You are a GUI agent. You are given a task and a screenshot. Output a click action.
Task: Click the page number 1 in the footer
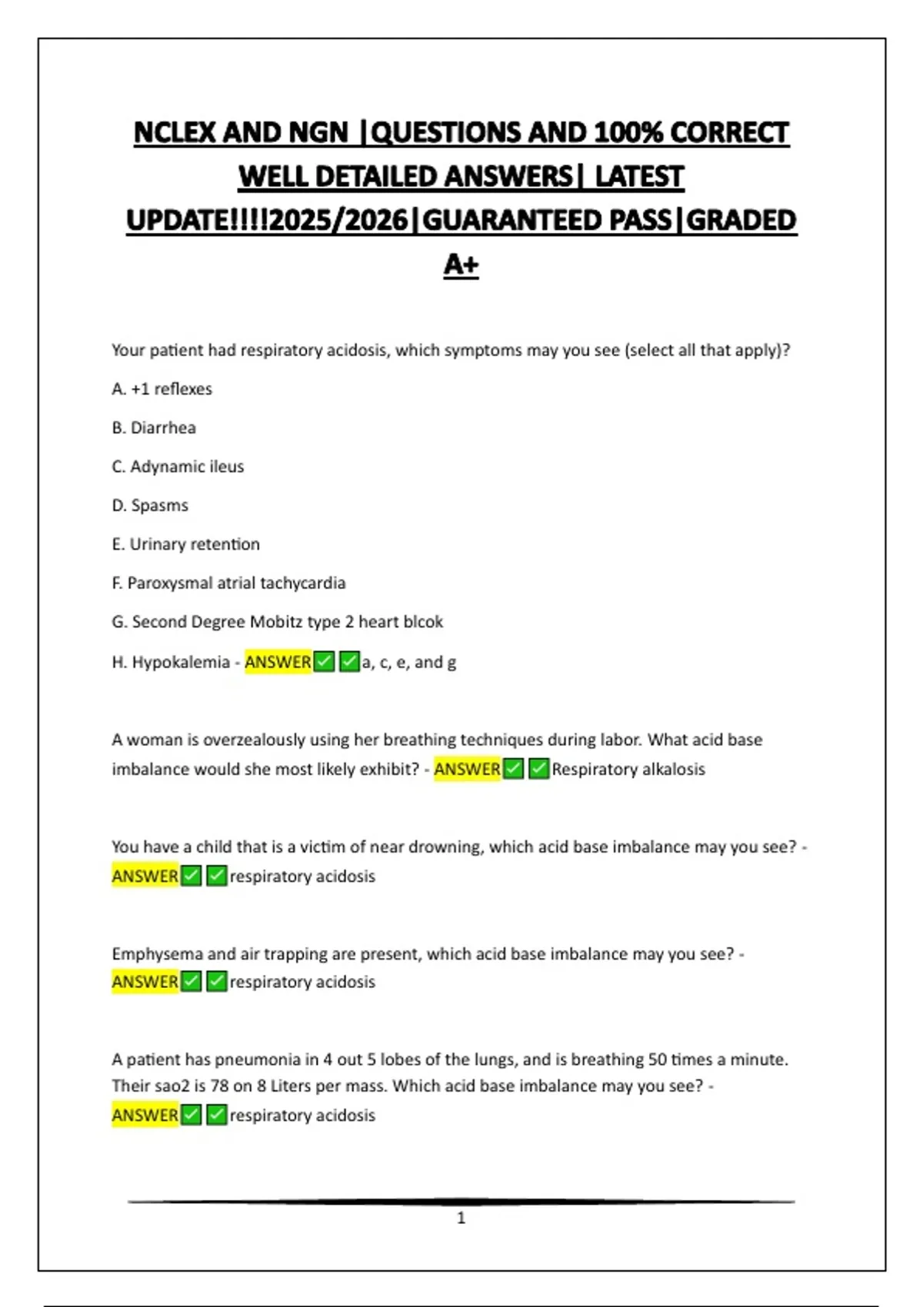[461, 1218]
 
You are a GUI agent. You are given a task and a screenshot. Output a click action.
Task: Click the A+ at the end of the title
[461, 264]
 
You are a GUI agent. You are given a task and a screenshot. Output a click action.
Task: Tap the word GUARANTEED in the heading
[546, 221]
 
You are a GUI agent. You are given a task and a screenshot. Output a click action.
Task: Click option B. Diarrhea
[154, 427]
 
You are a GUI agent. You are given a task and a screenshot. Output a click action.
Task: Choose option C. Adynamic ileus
[178, 467]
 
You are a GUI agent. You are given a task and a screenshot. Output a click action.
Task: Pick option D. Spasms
[150, 506]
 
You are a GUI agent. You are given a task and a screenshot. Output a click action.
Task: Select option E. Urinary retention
[185, 544]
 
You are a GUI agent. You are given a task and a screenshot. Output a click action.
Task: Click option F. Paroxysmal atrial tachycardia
[228, 584]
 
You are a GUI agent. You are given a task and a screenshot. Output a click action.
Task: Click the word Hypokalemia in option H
[181, 662]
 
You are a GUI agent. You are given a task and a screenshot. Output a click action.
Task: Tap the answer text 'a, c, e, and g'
[409, 662]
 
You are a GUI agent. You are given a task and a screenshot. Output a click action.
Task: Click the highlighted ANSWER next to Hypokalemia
[278, 662]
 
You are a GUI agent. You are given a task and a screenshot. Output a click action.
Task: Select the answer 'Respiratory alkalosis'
[628, 770]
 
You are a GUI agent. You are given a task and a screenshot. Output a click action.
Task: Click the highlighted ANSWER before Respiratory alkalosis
[467, 770]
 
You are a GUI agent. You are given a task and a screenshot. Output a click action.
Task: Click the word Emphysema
[157, 954]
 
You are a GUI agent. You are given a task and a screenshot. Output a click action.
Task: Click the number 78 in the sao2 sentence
[201, 1086]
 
